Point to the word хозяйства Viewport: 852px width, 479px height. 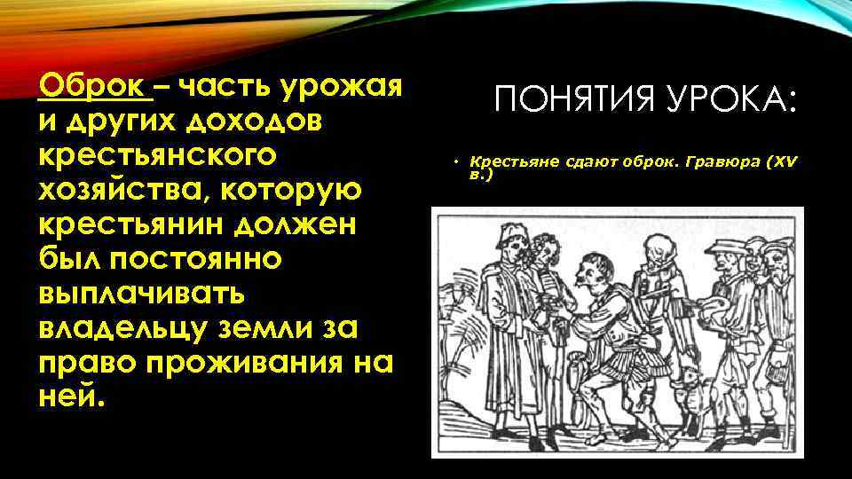[117, 191]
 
